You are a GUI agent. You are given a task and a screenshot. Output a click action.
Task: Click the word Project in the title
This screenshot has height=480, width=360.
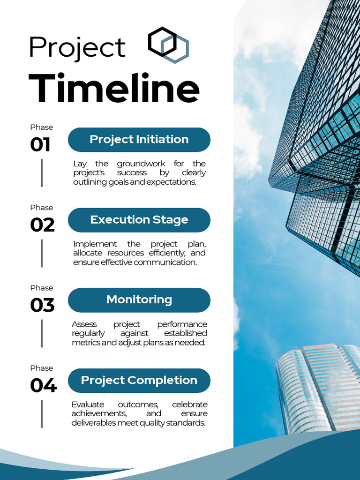pyautogui.click(x=77, y=47)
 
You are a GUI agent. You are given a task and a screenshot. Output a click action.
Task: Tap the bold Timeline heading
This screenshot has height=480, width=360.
pyautogui.click(x=114, y=89)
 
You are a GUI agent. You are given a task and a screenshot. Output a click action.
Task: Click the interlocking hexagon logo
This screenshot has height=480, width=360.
pyautogui.click(x=168, y=45)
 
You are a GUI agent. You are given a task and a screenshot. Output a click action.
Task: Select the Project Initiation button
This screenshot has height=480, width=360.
pyautogui.click(x=139, y=140)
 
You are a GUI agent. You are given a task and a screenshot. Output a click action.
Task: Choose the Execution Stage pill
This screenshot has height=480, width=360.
pyautogui.click(x=139, y=220)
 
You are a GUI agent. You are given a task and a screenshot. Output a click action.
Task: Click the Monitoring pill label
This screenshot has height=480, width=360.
pyautogui.click(x=139, y=300)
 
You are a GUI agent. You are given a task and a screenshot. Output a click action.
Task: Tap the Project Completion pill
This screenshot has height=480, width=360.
pyautogui.click(x=139, y=380)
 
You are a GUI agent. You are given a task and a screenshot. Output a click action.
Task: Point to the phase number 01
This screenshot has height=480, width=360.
pyautogui.click(x=40, y=145)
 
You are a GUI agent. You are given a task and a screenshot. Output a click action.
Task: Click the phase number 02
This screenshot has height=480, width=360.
pyautogui.click(x=42, y=225)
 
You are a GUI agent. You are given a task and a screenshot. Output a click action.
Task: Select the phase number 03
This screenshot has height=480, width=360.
pyautogui.click(x=42, y=305)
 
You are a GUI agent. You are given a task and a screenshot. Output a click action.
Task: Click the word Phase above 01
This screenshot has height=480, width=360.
pyautogui.click(x=42, y=127)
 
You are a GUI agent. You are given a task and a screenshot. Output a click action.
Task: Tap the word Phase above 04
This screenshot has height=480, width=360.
pyautogui.click(x=42, y=368)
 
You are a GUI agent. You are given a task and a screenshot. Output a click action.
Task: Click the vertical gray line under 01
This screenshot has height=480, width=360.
pyautogui.click(x=42, y=173)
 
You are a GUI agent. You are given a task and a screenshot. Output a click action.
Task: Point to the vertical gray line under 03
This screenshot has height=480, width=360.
pyautogui.click(x=42, y=333)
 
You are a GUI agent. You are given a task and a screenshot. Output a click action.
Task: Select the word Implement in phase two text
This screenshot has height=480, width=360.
pyautogui.click(x=95, y=244)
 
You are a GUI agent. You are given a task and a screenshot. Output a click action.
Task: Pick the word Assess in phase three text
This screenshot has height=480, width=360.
pyautogui.click(x=84, y=324)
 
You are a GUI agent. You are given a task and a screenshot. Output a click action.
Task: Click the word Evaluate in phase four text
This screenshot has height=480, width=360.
pyautogui.click(x=88, y=405)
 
